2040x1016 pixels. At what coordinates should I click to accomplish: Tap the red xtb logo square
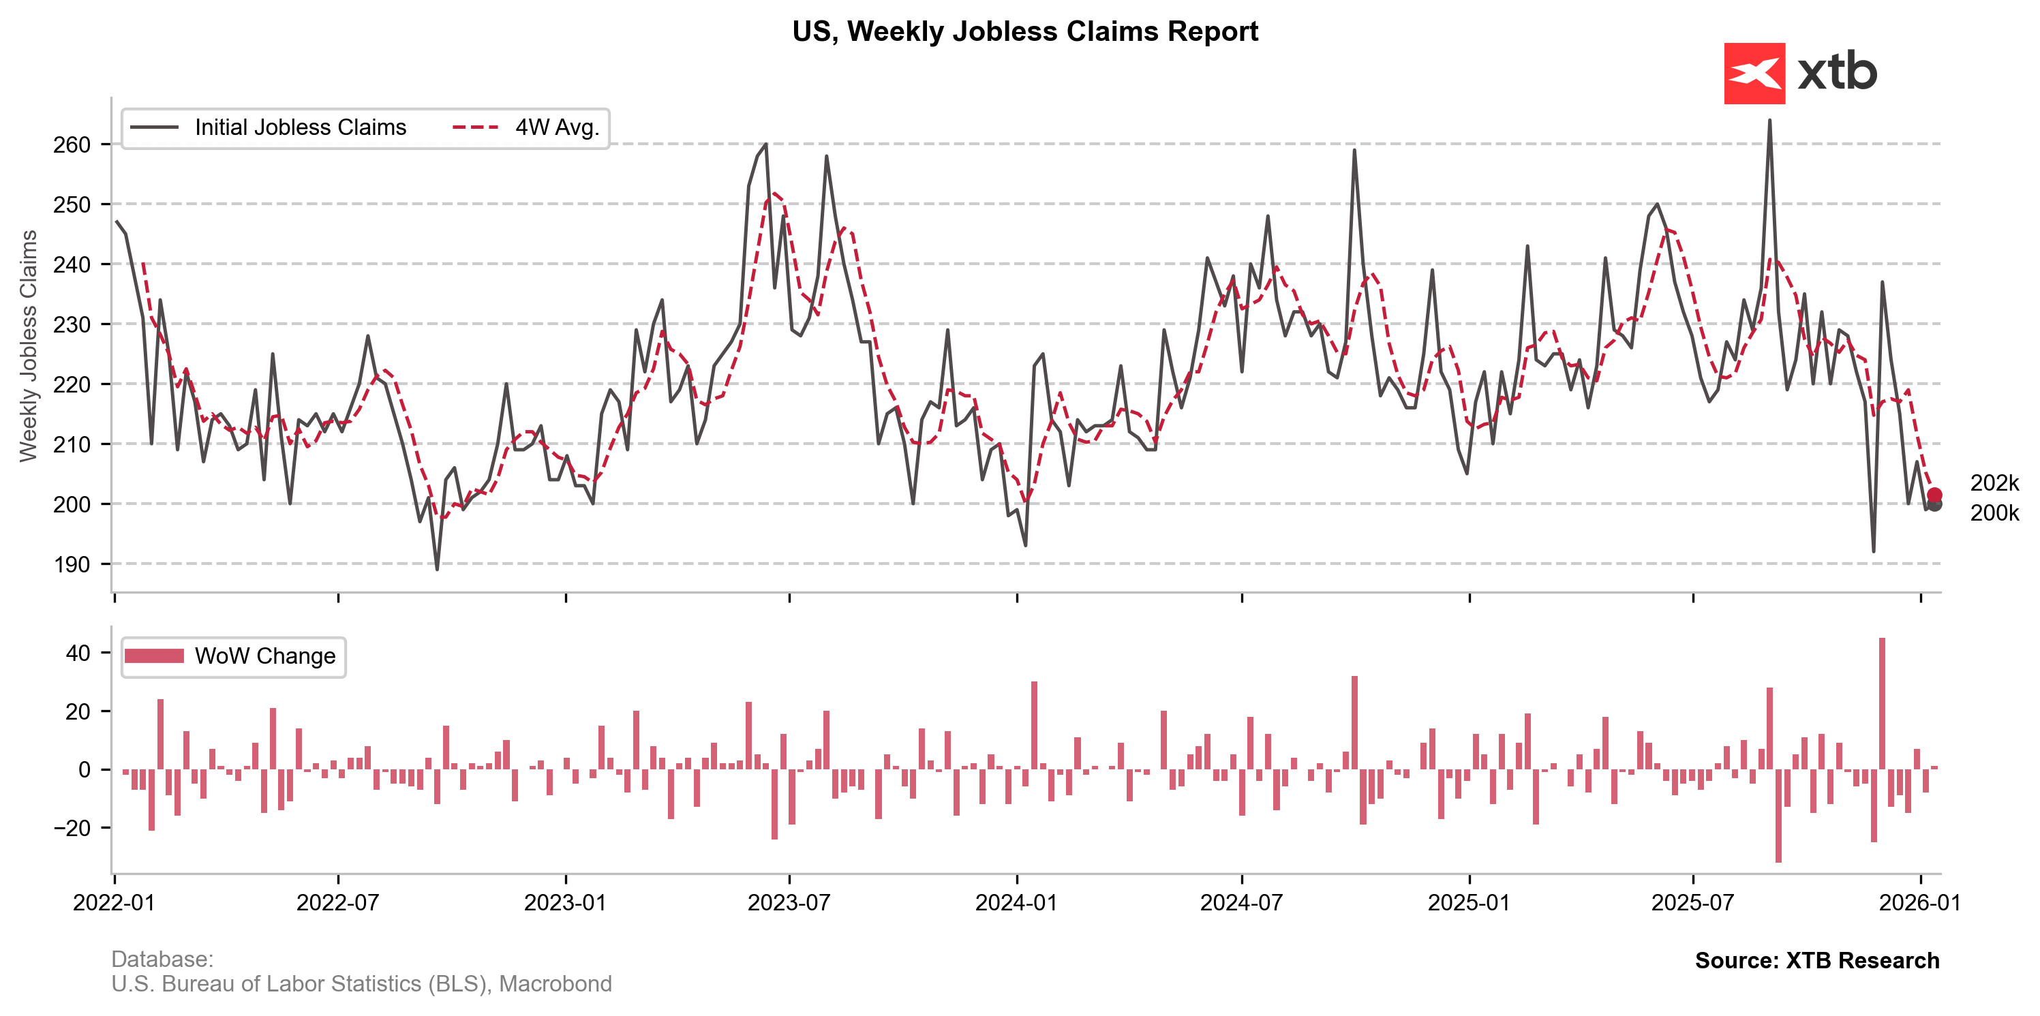(1754, 74)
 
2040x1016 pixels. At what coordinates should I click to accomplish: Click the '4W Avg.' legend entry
(557, 127)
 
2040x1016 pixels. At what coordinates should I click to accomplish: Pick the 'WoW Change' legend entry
(264, 656)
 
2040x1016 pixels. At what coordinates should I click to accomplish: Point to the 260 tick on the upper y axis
(72, 145)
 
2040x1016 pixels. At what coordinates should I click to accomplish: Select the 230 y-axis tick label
(72, 324)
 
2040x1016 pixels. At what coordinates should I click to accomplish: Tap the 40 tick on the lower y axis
(78, 653)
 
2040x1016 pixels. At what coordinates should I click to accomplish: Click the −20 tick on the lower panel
(72, 829)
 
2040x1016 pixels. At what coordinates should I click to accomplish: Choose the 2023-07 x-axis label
(789, 903)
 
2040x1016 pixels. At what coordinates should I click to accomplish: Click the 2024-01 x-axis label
(1016, 903)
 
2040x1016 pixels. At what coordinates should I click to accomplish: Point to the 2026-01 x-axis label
(1919, 903)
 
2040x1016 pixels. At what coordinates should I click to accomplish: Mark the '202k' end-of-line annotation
(1994, 483)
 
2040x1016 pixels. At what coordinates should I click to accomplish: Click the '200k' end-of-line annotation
(1994, 513)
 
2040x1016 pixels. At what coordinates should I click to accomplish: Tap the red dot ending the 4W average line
(1934, 495)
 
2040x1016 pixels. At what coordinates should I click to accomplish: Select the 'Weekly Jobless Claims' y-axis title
(29, 345)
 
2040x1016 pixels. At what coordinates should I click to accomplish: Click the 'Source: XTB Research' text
(1816, 961)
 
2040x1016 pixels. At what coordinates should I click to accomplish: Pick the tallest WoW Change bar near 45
(1882, 703)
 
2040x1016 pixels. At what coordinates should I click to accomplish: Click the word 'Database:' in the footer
(162, 959)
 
